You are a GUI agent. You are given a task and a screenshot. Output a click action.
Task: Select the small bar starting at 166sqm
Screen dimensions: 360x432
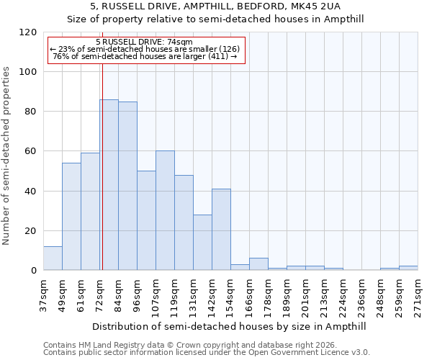coord(258,264)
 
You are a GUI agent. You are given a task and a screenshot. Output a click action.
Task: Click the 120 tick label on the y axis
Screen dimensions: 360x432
coord(28,32)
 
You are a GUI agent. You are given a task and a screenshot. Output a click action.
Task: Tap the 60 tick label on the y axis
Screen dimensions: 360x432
coord(31,151)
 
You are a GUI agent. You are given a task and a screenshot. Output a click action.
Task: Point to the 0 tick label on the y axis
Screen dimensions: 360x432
coord(34,271)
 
